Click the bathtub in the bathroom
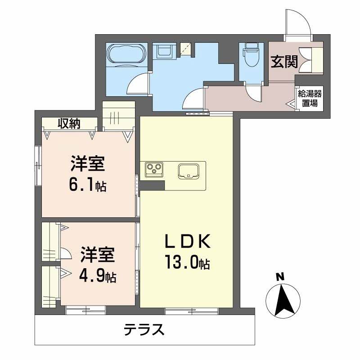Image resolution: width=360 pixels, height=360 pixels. click(x=126, y=55)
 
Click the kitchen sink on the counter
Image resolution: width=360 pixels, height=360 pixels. click(x=189, y=171)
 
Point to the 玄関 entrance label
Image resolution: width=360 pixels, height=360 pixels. click(x=284, y=61)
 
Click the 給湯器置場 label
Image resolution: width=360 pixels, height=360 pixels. click(x=309, y=98)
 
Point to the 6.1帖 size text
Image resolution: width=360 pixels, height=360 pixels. click(x=88, y=184)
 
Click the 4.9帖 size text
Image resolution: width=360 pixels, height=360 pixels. click(x=97, y=275)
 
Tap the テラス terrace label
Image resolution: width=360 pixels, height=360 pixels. click(x=144, y=331)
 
